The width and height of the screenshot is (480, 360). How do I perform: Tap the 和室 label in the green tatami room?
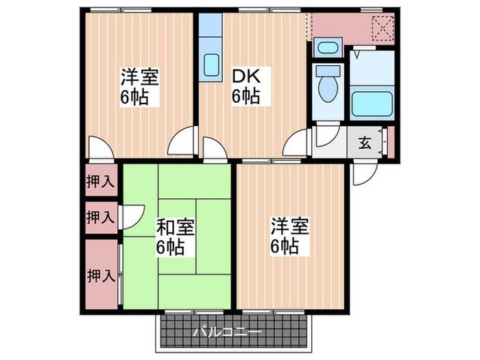[x=176, y=227]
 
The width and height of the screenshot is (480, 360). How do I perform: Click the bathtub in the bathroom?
[x=372, y=102]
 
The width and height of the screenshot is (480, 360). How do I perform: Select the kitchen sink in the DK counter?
[x=211, y=66]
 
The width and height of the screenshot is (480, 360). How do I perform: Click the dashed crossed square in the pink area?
[x=381, y=29]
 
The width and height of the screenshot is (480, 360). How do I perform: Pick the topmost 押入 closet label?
[x=100, y=182]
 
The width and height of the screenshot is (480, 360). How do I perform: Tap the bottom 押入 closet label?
[x=100, y=276]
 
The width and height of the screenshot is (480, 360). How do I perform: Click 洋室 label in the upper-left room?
[x=141, y=77]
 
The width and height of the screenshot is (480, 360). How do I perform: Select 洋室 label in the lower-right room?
[x=289, y=227]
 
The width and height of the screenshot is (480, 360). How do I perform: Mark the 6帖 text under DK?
[x=245, y=97]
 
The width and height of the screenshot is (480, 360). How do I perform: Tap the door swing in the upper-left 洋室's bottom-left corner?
[x=97, y=149]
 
